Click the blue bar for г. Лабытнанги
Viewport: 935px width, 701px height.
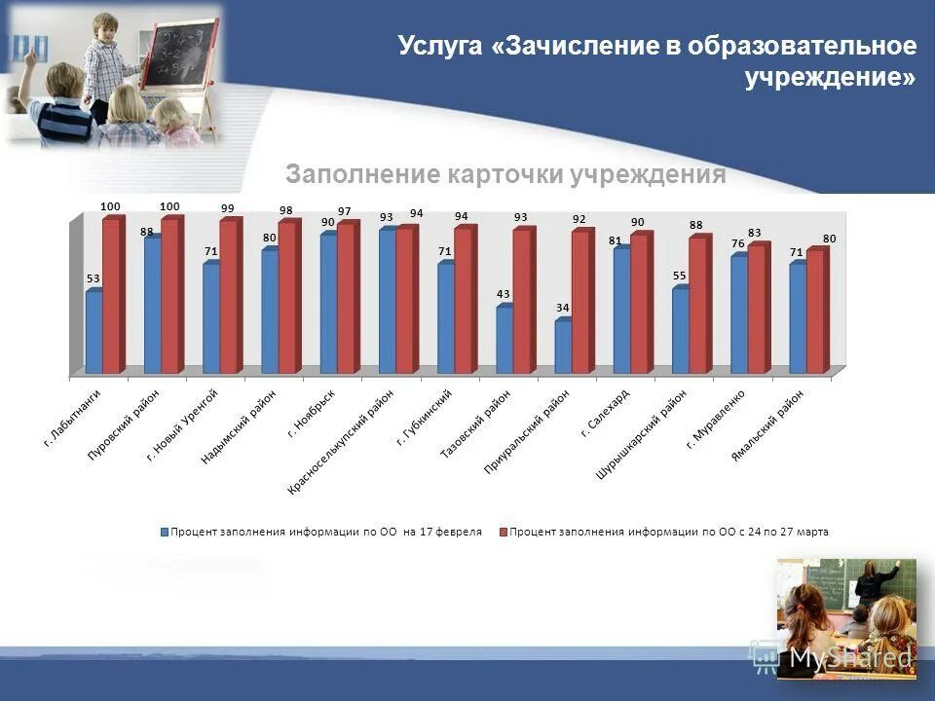click(93, 332)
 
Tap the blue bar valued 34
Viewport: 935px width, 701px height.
click(563, 347)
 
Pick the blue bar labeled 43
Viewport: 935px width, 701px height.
click(505, 340)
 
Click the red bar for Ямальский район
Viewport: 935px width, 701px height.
click(814, 312)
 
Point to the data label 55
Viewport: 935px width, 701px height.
click(679, 277)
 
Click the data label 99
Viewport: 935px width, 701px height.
click(227, 208)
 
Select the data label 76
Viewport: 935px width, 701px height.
click(738, 243)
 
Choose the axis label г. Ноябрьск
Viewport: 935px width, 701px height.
click(313, 414)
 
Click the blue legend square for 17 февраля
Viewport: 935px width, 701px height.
click(165, 533)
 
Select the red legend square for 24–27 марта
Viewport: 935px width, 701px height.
click(504, 533)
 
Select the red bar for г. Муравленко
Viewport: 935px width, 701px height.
click(756, 309)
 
